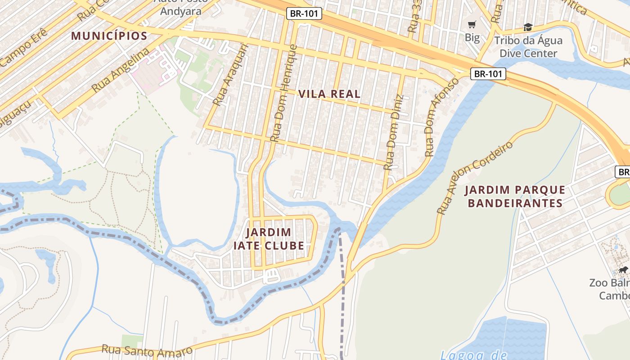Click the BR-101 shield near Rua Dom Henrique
point(304,13)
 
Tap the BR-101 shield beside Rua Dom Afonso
point(488,74)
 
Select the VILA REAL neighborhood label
point(329,94)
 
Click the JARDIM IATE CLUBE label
point(269,239)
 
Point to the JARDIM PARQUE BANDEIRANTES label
point(515,197)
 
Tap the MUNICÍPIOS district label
point(109,36)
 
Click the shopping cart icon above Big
point(472,25)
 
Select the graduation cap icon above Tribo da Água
point(528,28)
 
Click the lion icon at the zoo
point(623,270)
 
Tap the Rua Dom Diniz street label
point(392,134)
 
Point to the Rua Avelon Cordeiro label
point(475,178)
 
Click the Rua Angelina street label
point(120,70)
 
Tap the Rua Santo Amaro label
point(147,350)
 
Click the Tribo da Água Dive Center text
point(528,47)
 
